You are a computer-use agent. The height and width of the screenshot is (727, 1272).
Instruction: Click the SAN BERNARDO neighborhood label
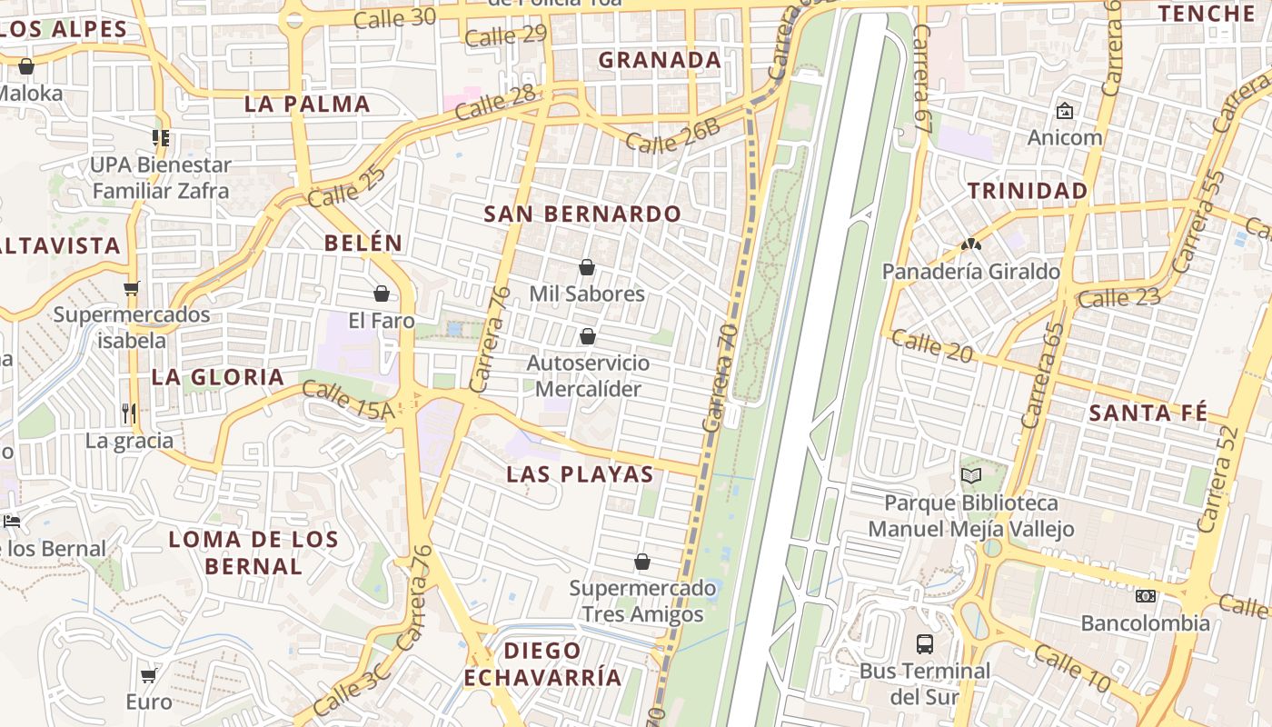582,214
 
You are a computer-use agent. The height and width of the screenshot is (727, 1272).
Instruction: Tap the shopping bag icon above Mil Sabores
587,267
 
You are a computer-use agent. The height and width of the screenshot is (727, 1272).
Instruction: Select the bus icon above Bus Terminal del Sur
925,644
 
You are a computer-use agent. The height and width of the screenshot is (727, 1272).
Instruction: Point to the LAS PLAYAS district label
580,474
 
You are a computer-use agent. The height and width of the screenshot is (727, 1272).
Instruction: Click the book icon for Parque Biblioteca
971,475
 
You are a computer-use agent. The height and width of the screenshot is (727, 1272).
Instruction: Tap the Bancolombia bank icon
1145,596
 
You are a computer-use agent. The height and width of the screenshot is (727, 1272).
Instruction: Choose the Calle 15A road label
348,401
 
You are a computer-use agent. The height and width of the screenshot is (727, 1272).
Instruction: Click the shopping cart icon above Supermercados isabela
132,289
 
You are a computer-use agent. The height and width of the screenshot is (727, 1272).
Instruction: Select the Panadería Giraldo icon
970,244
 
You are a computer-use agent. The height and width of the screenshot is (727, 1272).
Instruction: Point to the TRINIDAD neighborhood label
1028,191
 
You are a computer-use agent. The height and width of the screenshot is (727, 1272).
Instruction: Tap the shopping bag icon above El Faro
382,294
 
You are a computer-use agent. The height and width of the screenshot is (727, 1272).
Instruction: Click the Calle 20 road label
931,345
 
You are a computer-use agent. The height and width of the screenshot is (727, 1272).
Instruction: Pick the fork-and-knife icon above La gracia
129,413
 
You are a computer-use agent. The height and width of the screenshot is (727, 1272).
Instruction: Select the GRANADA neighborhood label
660,61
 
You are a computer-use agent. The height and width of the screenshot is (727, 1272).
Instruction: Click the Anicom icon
1064,111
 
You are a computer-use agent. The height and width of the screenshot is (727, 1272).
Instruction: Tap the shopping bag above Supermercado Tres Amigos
642,562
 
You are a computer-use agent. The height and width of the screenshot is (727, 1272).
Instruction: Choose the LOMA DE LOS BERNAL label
253,553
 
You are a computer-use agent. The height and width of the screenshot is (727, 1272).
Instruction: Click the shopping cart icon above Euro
148,675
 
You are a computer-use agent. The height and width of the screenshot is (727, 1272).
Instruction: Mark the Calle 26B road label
673,136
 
